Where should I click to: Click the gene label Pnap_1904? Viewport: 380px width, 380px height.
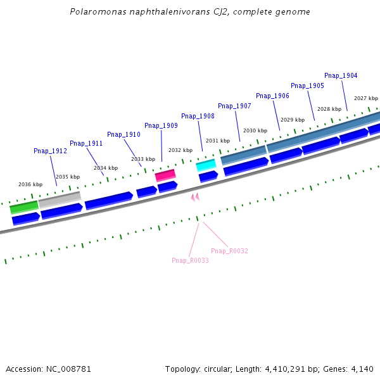[x=341, y=75]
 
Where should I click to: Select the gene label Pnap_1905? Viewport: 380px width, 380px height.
[x=307, y=85]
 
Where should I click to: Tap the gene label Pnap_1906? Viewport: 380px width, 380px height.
[x=272, y=96]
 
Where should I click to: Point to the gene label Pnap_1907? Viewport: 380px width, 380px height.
[x=234, y=106]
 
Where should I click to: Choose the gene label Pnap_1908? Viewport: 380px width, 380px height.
[x=198, y=116]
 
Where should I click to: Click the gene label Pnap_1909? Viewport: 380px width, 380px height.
[x=161, y=125]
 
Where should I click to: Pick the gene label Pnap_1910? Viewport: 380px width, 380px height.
[x=123, y=134]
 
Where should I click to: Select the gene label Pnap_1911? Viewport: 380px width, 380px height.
[x=86, y=143]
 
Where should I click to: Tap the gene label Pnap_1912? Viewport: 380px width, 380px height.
[x=50, y=151]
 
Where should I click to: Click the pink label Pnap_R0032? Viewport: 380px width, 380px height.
[x=229, y=251]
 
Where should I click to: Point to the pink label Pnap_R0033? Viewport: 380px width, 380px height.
[x=190, y=260]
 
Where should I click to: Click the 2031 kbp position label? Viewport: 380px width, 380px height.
[x=218, y=141]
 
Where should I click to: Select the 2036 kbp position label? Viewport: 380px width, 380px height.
[x=30, y=184]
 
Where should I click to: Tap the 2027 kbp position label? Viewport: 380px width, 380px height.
[x=366, y=98]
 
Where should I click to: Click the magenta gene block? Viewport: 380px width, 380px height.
[x=165, y=175]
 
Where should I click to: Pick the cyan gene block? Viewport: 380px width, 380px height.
[x=206, y=165]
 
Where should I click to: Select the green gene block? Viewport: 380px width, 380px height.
[x=24, y=207]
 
